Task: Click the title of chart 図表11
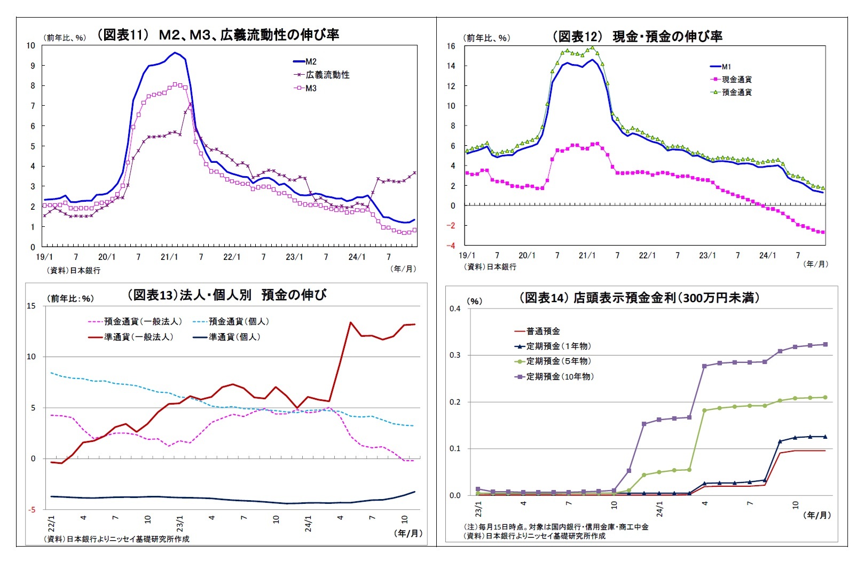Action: pos(217,35)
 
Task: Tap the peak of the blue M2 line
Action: pos(175,53)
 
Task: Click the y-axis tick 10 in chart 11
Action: pos(31,45)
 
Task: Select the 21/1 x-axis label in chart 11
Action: pos(169,257)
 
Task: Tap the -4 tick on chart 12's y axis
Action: pos(452,246)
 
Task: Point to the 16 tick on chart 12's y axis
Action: pos(451,46)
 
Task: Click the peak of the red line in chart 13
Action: pos(350,322)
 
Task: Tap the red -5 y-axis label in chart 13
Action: pos(32,510)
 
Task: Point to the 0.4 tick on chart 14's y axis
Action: pos(455,309)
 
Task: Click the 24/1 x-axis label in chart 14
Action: pos(659,508)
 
